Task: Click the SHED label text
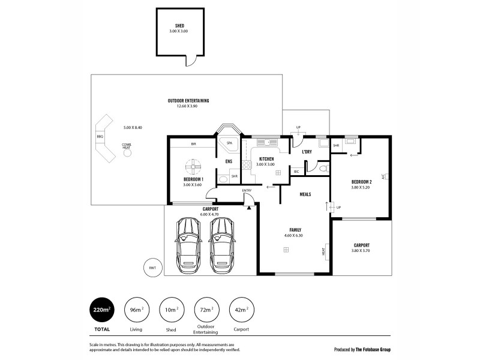(x=179, y=26)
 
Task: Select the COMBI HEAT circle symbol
(x=127, y=153)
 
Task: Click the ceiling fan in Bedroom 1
(x=194, y=166)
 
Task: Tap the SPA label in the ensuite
(x=229, y=144)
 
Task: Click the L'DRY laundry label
(x=307, y=152)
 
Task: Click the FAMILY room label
(x=295, y=230)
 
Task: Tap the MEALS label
(x=305, y=194)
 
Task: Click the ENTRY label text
(x=247, y=191)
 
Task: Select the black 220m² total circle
(x=102, y=310)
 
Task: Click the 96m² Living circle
(x=136, y=310)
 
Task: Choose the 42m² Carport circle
(x=242, y=310)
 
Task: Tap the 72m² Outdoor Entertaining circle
(x=206, y=310)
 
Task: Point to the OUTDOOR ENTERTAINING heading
(x=188, y=100)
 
